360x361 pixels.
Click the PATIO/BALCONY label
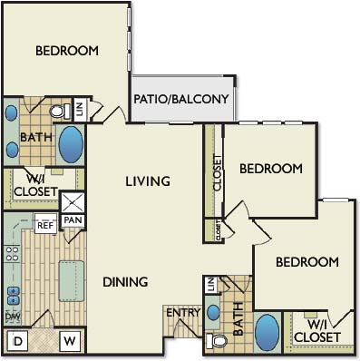click(181, 99)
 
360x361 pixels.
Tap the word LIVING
click(148, 181)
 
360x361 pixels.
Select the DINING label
click(125, 282)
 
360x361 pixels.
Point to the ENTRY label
click(183, 312)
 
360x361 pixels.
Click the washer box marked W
click(70, 341)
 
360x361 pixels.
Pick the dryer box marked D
click(17, 341)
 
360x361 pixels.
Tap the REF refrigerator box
click(45, 224)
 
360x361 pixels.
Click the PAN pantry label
click(73, 220)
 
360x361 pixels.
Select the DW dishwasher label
click(13, 317)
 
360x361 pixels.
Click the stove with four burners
click(13, 253)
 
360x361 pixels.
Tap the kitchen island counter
click(72, 281)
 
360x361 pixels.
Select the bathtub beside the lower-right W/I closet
click(267, 332)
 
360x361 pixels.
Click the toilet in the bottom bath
click(216, 341)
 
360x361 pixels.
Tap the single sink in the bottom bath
click(214, 313)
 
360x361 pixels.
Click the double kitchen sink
click(13, 296)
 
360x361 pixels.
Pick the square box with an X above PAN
click(73, 202)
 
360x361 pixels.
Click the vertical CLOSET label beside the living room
click(218, 172)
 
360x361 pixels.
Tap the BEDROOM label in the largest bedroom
click(67, 51)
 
